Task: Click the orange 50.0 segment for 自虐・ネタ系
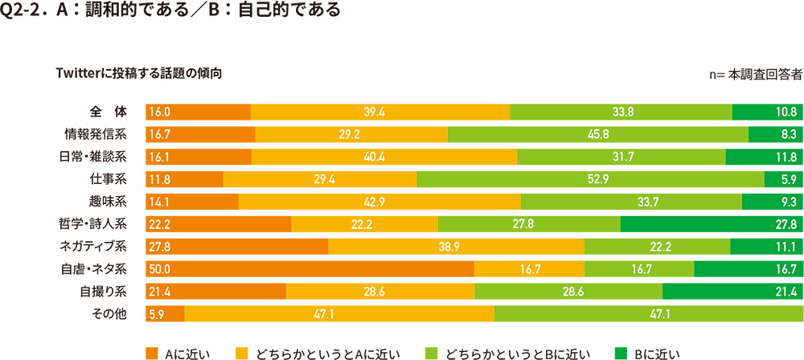pyautogui.click(x=310, y=268)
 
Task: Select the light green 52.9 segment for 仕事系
pyautogui.click(x=590, y=178)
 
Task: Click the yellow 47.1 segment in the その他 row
pyautogui.click(x=339, y=313)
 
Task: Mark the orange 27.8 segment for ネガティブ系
pyautogui.click(x=236, y=246)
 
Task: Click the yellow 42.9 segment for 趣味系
pyautogui.click(x=379, y=201)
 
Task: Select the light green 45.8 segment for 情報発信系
pyautogui.click(x=597, y=133)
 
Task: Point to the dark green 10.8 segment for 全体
pyautogui.click(x=766, y=112)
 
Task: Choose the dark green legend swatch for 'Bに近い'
pyautogui.click(x=621, y=352)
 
